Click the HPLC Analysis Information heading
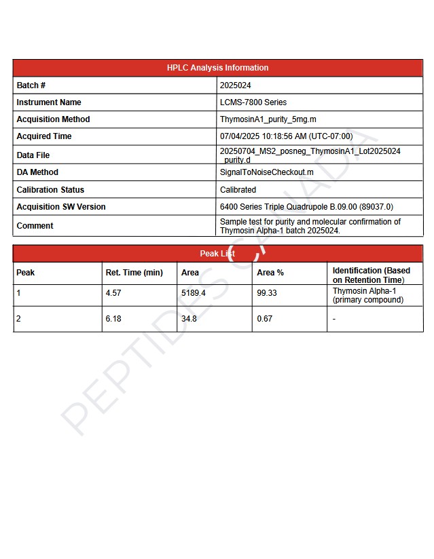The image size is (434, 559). pos(217,68)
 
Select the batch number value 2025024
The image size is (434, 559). pos(235,85)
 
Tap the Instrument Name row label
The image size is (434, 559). pos(49,102)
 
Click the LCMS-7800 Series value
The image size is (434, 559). pos(253,102)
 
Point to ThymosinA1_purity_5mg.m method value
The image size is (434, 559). pos(268,119)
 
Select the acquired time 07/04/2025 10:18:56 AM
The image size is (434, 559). pos(286,136)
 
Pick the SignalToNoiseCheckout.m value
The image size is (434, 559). pos(266,172)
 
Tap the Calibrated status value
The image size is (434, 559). pos(238,190)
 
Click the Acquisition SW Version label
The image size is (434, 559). pos(61,207)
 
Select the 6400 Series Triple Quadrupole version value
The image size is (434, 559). pos(306,207)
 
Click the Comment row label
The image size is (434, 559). pos(35,226)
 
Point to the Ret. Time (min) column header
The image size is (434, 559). pos(134,273)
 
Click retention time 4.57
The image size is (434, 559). pos(113,293)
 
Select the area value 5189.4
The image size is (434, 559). pos(193,293)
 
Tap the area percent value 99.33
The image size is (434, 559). pos(267,293)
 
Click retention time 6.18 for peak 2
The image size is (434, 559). pos(113,319)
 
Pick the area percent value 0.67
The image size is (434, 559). pos(264,319)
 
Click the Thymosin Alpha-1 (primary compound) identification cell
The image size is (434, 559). pos(367,295)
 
